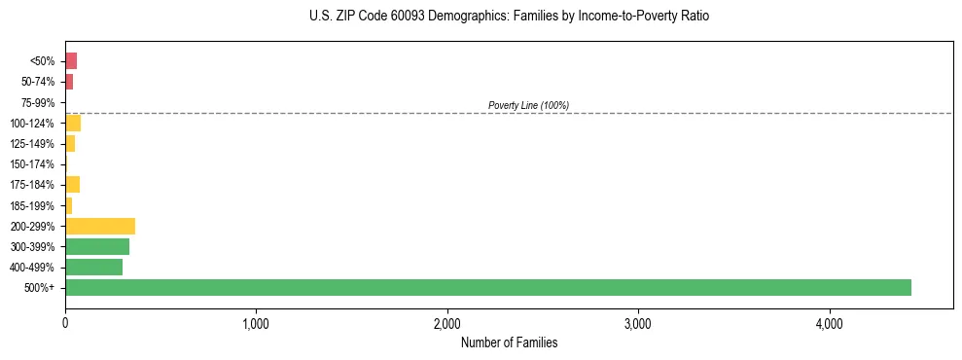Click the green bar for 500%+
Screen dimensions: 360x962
[x=487, y=287]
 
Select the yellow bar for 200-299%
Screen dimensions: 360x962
[x=100, y=226]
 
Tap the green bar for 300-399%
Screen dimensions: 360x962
[x=97, y=246]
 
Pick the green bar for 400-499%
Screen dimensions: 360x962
[x=93, y=267]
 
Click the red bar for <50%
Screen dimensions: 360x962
[x=71, y=61]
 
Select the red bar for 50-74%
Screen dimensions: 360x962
[x=69, y=82]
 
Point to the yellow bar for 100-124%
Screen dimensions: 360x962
[x=73, y=123]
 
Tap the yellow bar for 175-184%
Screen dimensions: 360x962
[x=72, y=185]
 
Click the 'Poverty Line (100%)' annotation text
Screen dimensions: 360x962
[x=528, y=105]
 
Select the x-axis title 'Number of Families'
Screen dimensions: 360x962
[x=509, y=342]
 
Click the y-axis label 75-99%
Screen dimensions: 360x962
[x=39, y=103]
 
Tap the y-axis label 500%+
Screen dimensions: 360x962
[x=41, y=288]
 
